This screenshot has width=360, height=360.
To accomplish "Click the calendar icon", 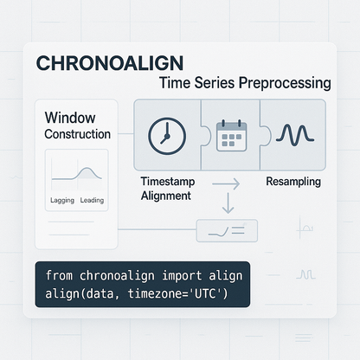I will click(231, 137).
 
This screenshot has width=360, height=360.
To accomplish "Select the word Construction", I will click(77, 134).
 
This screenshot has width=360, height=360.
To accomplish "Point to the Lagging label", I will click(58, 200).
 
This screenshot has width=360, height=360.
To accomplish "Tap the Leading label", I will click(92, 200).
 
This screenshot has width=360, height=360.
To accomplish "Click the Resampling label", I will click(292, 183).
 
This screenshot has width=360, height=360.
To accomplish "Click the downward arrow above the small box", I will click(227, 205).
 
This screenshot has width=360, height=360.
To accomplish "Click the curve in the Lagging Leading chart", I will click(76, 176).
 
